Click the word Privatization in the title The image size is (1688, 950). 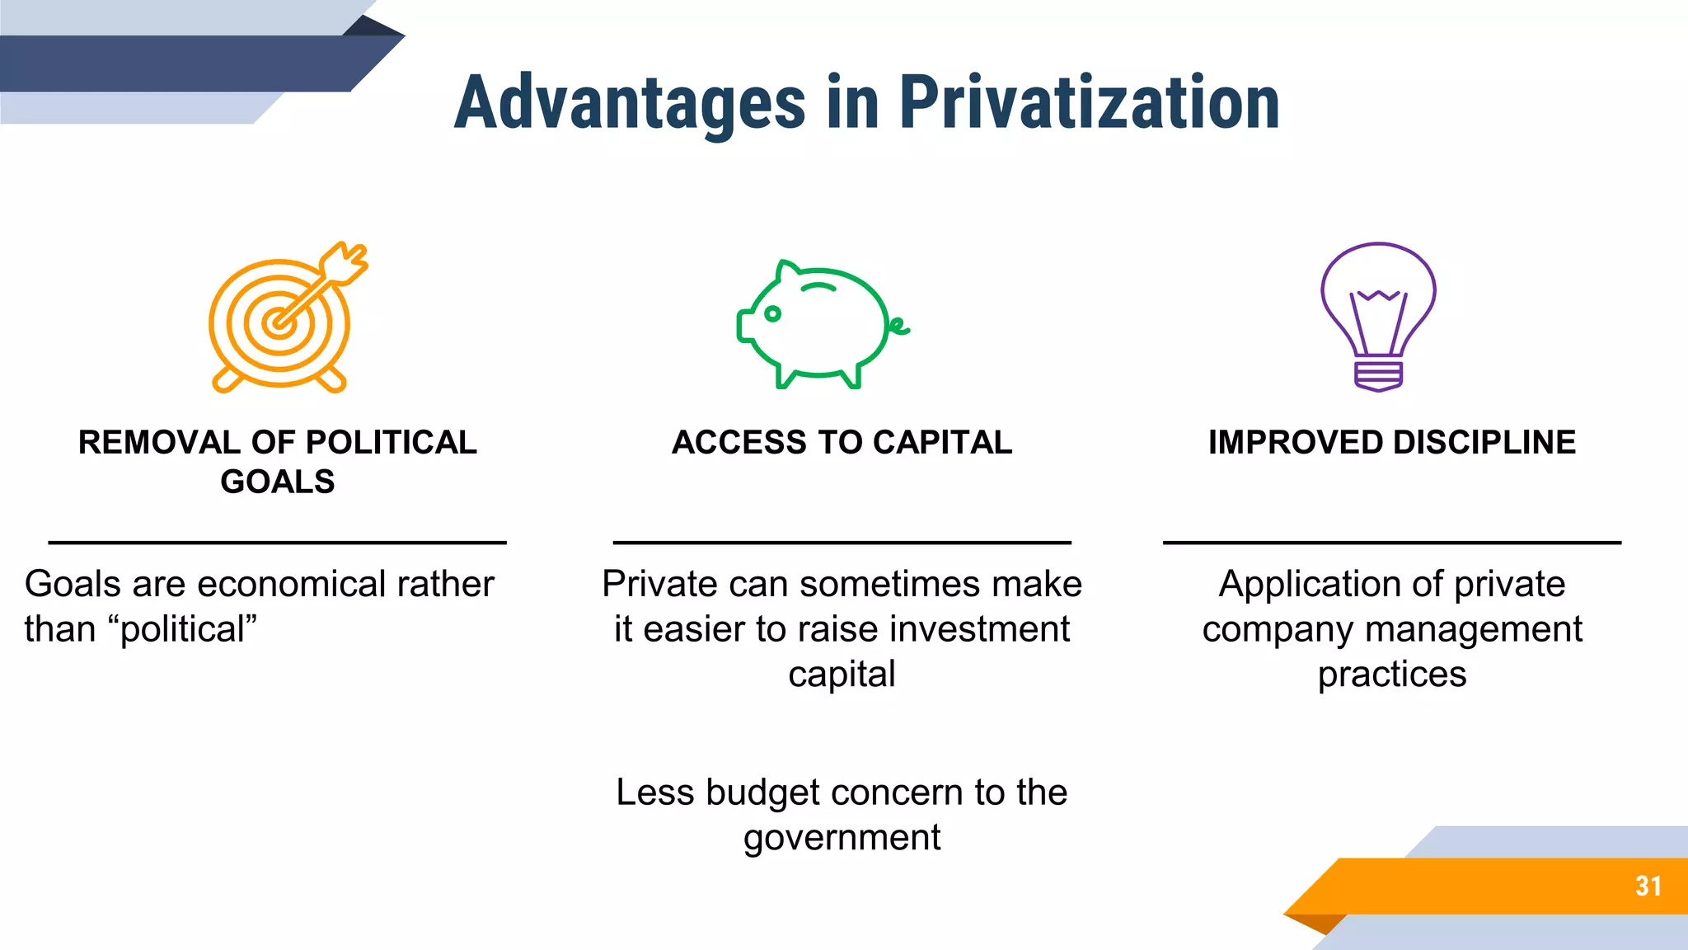pos(1089,103)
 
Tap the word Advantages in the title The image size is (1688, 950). pos(630,103)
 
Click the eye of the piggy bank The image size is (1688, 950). pos(772,313)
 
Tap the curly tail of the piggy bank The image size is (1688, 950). pos(899,327)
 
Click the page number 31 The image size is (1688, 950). pos(1648,887)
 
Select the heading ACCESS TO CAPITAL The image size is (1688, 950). pos(842,443)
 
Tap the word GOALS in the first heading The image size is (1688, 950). pos(278,482)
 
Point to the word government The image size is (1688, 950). pos(842,839)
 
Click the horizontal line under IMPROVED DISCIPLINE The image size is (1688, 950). pos(1391,543)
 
